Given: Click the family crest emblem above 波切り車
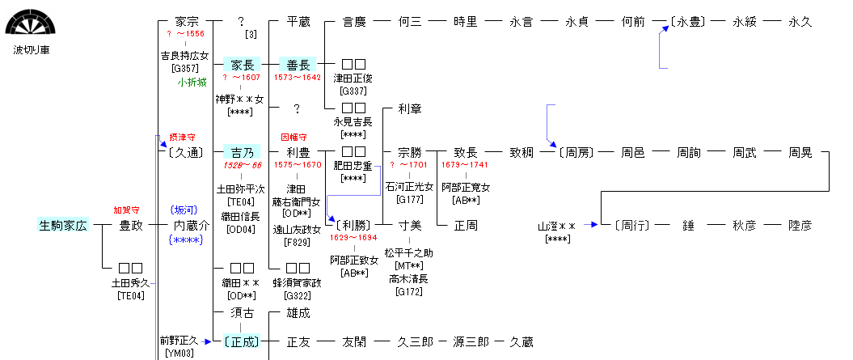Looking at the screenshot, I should [x=27, y=22].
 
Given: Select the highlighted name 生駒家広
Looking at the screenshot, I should [x=61, y=225].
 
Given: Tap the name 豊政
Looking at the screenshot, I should [x=130, y=225].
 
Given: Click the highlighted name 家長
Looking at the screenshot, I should [x=242, y=64].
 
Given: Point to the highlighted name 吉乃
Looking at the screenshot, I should [x=242, y=152].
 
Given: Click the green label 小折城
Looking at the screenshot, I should [x=192, y=83].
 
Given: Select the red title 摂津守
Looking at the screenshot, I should [x=182, y=138].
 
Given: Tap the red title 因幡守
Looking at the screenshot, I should [x=294, y=138].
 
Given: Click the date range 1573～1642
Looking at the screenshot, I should [x=298, y=78].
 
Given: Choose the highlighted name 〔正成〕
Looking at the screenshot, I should [x=242, y=341].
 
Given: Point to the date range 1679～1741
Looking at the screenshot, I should [x=465, y=165].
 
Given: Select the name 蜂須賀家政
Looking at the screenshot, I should [x=298, y=283].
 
